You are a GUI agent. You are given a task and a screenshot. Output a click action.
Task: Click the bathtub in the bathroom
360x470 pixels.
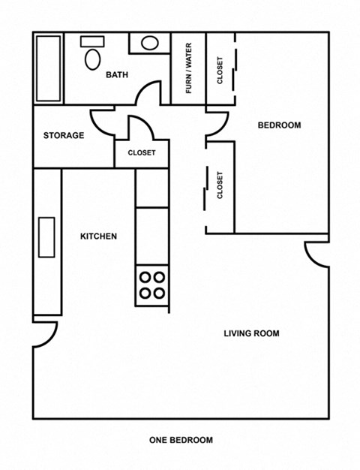pyautogui.click(x=49, y=68)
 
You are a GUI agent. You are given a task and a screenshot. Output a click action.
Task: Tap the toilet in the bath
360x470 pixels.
pyautogui.click(x=93, y=55)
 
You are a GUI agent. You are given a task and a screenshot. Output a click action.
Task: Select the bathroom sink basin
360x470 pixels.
pyautogui.click(x=150, y=43)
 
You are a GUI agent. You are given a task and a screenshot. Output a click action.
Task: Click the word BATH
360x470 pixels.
pyautogui.click(x=116, y=74)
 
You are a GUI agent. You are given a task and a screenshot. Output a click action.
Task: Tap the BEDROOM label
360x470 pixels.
pyautogui.click(x=279, y=125)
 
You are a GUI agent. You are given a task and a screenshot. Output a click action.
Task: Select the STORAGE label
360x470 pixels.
pyautogui.click(x=63, y=136)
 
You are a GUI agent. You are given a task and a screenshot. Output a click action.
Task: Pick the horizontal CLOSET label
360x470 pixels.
pyautogui.click(x=142, y=152)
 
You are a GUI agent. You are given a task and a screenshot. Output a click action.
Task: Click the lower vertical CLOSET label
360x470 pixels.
pyautogui.click(x=220, y=185)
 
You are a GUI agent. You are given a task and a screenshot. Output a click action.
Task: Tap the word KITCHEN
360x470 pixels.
pyautogui.click(x=98, y=237)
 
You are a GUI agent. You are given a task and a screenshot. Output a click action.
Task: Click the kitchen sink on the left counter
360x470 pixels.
pyautogui.click(x=46, y=237)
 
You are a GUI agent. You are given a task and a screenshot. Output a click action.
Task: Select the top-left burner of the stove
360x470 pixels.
pyautogui.click(x=144, y=277)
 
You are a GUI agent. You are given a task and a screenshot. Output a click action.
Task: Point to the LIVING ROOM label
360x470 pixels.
pyautogui.click(x=251, y=333)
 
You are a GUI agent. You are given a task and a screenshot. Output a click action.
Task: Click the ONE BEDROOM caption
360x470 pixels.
pyautogui.click(x=181, y=440)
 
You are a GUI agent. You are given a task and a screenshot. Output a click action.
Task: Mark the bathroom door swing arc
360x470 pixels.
pyautogui.click(x=150, y=94)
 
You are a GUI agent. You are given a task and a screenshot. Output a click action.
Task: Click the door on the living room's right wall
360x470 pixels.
pyautogui.click(x=316, y=254)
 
